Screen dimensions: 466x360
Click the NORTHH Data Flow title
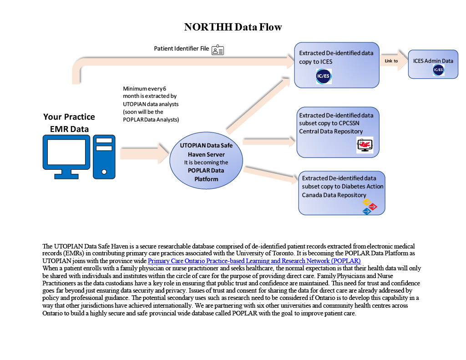[233, 27]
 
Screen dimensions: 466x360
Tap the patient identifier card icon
[218, 50]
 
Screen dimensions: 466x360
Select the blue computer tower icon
[104, 157]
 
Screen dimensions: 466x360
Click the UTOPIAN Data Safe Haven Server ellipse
[206, 161]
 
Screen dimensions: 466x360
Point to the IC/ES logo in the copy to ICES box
[324, 76]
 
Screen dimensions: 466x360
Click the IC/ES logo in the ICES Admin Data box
[438, 70]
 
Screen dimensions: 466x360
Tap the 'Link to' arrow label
[391, 61]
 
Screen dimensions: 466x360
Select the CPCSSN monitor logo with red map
[365, 145]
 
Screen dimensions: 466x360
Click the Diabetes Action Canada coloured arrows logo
[370, 207]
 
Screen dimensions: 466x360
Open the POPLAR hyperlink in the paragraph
[254, 261]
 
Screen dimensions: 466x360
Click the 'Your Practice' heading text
[69, 117]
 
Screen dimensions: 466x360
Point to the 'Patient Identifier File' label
[181, 48]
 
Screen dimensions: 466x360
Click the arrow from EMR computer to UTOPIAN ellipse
[144, 153]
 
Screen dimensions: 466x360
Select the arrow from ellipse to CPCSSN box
[269, 141]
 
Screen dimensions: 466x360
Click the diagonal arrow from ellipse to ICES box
[258, 105]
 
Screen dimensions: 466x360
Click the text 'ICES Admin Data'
[433, 61]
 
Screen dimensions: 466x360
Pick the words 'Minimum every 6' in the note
[144, 89]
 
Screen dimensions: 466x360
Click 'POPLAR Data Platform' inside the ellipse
[206, 175]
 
